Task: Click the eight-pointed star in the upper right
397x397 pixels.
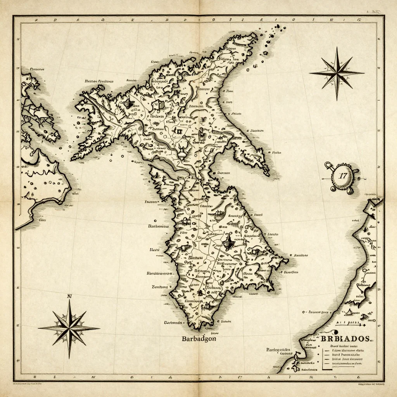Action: click(337, 72)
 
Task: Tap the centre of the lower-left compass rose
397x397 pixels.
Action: click(69, 328)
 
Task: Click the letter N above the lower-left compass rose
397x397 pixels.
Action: click(70, 297)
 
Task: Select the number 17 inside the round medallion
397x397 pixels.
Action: click(343, 175)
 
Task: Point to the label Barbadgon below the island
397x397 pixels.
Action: click(199, 338)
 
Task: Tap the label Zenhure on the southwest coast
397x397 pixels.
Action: click(159, 287)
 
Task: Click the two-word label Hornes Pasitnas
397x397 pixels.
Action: click(99, 81)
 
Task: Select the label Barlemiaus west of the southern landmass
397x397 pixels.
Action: click(159, 226)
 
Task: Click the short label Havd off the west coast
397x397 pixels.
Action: click(155, 250)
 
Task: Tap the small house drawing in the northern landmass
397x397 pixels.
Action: click(157, 104)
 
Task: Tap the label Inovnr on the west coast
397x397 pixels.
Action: click(151, 202)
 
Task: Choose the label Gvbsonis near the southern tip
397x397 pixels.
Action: click(173, 322)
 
